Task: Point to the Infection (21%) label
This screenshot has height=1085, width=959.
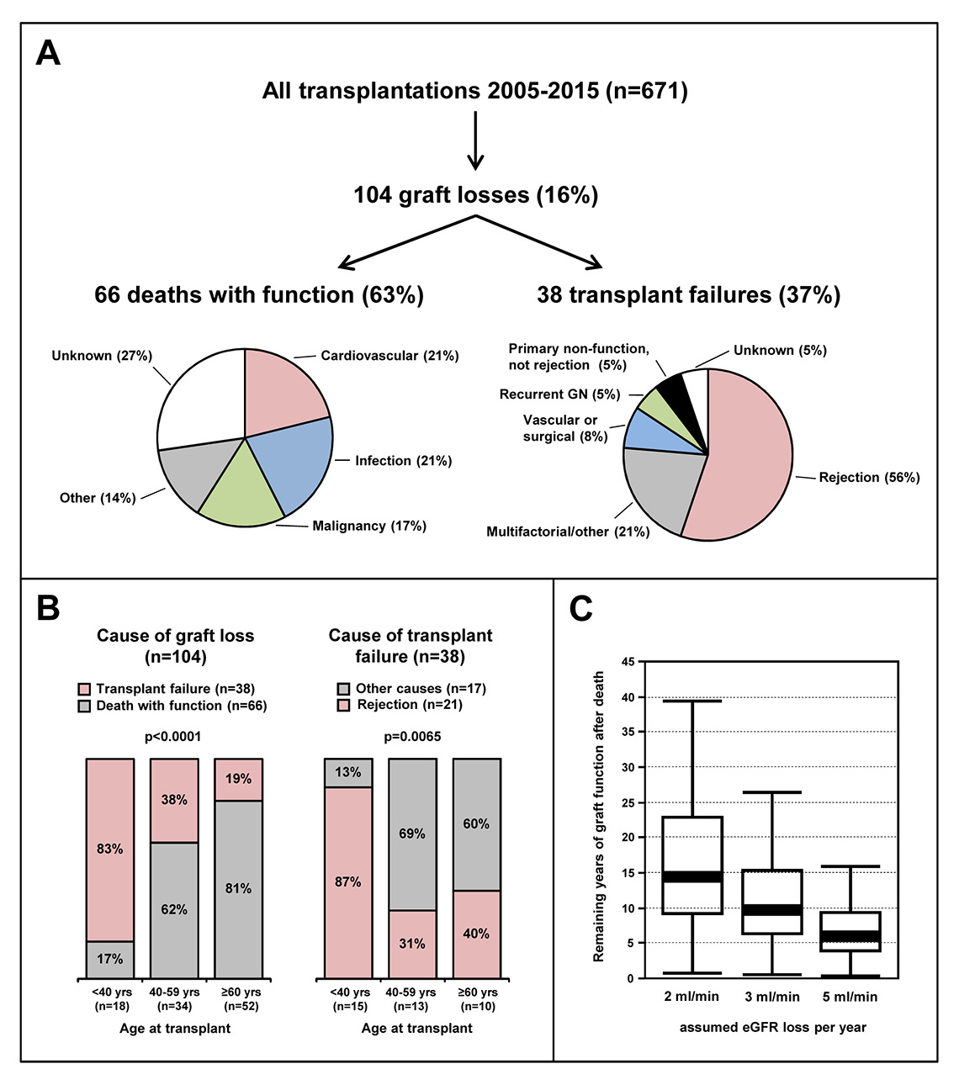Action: tap(403, 461)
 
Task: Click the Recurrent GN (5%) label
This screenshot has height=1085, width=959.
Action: tap(559, 394)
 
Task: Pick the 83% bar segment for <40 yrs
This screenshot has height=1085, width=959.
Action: tap(110, 849)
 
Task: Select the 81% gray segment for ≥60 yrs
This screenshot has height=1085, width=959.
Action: tap(238, 889)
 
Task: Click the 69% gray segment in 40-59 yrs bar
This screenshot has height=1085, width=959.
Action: tap(412, 834)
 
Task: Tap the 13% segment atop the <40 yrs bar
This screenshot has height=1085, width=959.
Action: tap(348, 773)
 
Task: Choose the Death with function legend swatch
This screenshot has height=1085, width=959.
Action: tap(84, 707)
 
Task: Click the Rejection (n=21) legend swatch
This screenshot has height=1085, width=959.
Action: tap(343, 705)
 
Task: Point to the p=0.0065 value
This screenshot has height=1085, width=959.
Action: tap(412, 737)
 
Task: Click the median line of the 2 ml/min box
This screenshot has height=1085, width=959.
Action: tap(692, 876)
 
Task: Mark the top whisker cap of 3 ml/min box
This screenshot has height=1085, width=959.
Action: tap(772, 792)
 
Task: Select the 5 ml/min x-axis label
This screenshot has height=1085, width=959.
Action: tap(850, 997)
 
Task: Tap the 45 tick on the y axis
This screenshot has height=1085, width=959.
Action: tap(627, 663)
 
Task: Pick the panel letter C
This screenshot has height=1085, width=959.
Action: tap(581, 609)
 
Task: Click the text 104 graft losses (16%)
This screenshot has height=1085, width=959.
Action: tap(475, 195)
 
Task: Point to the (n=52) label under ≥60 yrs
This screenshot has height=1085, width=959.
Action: tap(239, 1006)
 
